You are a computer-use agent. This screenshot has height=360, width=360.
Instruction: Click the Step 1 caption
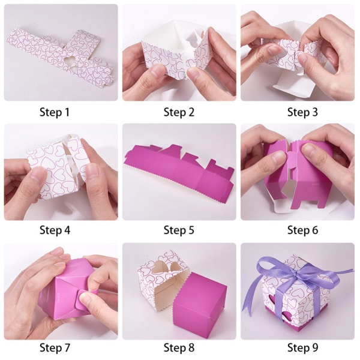pos(55,112)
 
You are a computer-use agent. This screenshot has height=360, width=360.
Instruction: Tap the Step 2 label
pos(179,112)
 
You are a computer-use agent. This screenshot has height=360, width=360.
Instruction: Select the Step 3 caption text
pos(302,112)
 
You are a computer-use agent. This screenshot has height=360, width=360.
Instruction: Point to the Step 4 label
pos(55,230)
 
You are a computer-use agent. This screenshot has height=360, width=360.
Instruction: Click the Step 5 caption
pos(179,230)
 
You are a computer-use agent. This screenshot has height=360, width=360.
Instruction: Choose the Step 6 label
pos(302,230)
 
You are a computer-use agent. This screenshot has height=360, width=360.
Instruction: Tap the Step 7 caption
pos(55,347)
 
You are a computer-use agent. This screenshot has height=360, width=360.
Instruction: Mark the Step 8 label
pos(179,347)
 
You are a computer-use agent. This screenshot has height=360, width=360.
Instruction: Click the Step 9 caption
pos(302,347)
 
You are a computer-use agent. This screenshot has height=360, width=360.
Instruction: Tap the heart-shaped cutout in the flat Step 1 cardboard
pos(70,61)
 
